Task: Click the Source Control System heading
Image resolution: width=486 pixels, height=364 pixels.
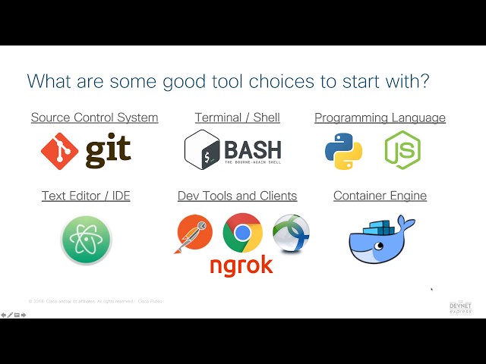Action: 94,118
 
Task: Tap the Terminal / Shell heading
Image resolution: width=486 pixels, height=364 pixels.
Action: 237,118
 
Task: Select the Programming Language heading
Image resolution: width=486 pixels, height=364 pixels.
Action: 380,118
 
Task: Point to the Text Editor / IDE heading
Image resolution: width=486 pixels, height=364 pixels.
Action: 86,196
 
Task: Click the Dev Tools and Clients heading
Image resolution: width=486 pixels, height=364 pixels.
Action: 237,196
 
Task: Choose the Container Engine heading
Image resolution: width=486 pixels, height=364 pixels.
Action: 380,196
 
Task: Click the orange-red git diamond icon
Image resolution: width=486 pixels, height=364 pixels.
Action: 60,151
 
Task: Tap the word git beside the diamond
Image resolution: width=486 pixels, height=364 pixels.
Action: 107,151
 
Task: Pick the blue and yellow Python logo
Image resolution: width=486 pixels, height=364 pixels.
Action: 343,149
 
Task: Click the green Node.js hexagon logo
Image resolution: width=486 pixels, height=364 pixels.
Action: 402,149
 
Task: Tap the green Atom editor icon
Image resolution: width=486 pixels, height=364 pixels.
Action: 86,240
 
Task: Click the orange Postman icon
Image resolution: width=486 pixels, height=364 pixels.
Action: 195,234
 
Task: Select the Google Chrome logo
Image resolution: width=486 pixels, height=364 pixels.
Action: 242,233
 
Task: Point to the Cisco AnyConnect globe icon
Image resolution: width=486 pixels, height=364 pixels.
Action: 291,233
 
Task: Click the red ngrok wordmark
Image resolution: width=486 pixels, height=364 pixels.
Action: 241,265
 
